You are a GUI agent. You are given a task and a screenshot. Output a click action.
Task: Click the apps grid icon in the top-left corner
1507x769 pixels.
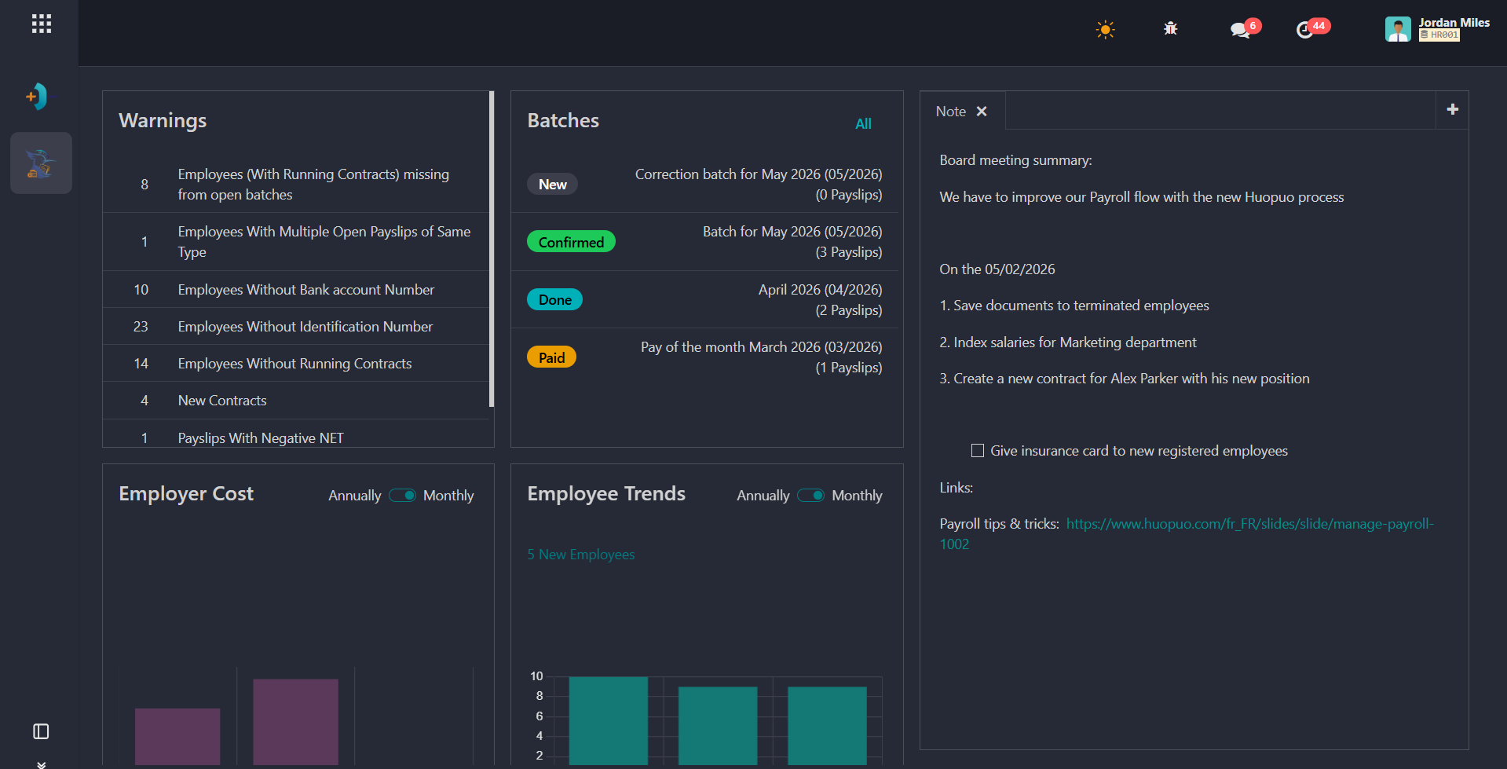42,24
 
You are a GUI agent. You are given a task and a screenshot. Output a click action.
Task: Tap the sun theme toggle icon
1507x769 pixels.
1105,30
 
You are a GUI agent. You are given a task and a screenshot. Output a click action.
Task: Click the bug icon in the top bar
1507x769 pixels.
1170,29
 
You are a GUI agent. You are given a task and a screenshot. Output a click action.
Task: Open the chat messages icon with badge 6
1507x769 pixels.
1240,30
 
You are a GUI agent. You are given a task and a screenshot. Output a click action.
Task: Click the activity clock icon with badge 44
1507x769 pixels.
1304,30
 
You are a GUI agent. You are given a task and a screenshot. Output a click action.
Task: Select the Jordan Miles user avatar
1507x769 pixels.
1398,29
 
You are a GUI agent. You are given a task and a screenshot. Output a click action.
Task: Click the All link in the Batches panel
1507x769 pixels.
863,124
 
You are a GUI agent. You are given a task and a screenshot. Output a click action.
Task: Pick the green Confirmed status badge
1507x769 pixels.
571,242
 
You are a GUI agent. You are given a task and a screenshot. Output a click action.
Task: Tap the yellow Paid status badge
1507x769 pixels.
551,357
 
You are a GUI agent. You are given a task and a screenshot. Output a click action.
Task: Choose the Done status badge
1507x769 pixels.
554,299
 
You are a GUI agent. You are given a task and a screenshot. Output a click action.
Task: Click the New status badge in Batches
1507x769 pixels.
552,184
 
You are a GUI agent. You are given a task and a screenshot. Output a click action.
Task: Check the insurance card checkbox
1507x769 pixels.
978,451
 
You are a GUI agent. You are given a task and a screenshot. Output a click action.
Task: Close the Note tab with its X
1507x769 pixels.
982,112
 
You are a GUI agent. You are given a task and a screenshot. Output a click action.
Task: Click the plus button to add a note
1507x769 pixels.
1453,110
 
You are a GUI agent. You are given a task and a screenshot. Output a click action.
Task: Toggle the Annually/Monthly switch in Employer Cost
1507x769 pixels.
402,496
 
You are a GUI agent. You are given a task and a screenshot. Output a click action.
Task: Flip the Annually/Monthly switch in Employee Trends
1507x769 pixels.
810,496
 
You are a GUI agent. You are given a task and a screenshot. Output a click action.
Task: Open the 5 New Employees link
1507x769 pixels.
581,555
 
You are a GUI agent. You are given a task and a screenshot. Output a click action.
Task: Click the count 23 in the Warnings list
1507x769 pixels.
141,327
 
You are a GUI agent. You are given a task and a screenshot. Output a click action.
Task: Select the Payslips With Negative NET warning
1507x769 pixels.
261,438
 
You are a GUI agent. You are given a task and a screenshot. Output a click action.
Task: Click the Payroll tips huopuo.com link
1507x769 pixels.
1249,524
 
